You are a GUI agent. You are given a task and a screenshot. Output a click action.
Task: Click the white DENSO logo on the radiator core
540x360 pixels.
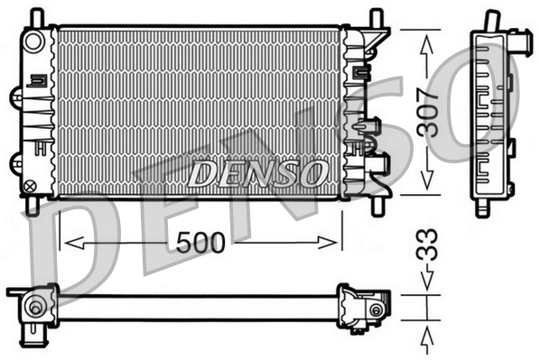(x=257, y=171)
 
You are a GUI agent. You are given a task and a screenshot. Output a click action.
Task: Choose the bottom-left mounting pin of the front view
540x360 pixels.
(x=33, y=206)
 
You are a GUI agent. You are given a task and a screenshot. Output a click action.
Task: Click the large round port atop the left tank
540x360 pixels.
(x=33, y=41)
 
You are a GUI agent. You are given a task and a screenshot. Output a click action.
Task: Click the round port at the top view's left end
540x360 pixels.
(x=35, y=307)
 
